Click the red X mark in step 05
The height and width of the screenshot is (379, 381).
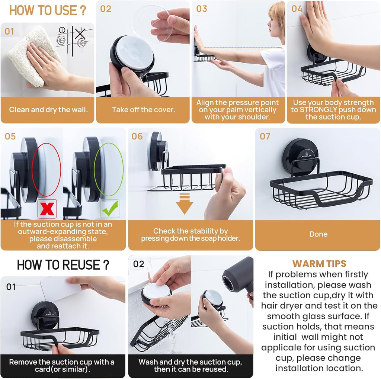click(47, 209)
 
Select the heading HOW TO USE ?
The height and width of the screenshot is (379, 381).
click(48, 10)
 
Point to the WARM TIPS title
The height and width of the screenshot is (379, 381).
click(319, 264)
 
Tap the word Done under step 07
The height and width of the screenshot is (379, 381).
click(318, 234)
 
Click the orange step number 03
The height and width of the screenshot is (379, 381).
click(202, 9)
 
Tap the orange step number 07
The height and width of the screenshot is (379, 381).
click(265, 136)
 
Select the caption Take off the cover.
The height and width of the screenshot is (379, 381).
click(143, 110)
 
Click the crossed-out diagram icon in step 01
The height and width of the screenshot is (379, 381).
click(80, 39)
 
